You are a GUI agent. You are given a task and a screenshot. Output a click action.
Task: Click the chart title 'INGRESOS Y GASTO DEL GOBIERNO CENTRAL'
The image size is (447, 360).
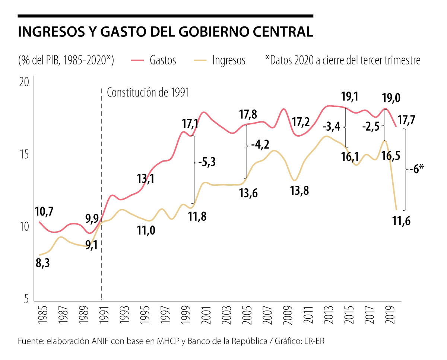click(x=165, y=32)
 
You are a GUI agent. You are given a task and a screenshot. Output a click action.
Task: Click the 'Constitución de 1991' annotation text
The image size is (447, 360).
click(x=148, y=93)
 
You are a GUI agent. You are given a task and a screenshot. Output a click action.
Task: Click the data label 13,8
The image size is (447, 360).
click(x=300, y=191)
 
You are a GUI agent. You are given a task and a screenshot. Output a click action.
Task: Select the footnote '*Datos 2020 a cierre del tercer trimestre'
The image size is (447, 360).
click(x=342, y=60)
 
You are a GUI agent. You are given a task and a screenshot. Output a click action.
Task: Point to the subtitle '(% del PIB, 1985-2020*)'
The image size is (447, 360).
click(x=66, y=60)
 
